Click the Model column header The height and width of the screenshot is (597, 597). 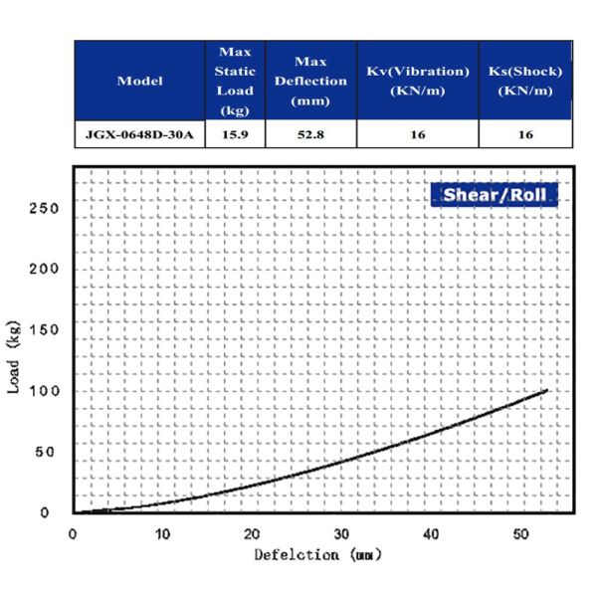[139, 81]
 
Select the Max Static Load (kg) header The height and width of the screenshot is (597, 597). [235, 81]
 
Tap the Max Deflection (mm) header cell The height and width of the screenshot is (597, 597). [310, 81]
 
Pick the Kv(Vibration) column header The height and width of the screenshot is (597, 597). [417, 81]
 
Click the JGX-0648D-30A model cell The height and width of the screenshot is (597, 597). [139, 133]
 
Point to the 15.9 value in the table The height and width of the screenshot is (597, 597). [235, 133]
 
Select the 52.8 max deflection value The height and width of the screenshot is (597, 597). [310, 133]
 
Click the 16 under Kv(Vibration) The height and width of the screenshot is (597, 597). [417, 133]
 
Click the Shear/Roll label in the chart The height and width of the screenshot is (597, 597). [494, 194]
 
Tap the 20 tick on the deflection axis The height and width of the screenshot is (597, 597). [252, 533]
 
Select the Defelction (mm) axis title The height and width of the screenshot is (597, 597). [317, 554]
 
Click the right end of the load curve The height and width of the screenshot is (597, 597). [547, 390]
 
